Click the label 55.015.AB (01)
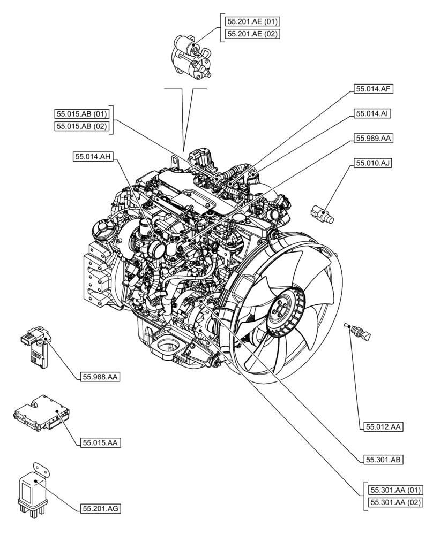[x=82, y=114]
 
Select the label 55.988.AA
[x=100, y=377]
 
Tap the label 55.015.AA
[x=100, y=442]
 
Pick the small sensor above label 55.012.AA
[x=358, y=331]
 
